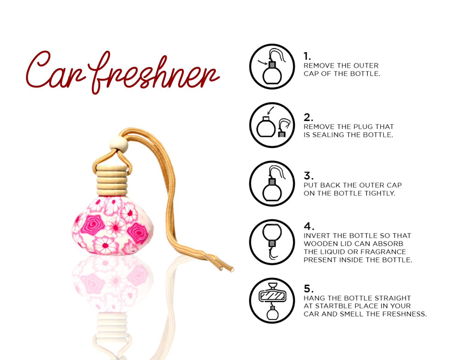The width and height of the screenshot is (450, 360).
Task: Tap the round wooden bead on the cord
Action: point(118,144)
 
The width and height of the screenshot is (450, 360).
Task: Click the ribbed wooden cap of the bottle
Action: point(112,180)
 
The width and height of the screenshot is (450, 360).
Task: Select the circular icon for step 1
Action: point(272,67)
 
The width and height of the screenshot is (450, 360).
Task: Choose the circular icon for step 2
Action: point(272,125)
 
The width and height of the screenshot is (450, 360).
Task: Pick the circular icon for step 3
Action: point(272,184)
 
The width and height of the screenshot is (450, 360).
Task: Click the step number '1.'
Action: point(307,56)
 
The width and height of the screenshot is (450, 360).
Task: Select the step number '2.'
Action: point(308,117)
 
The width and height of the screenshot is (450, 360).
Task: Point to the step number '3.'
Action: point(308,176)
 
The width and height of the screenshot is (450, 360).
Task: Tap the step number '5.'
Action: point(308,289)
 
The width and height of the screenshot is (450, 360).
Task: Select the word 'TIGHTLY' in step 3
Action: point(380,193)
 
